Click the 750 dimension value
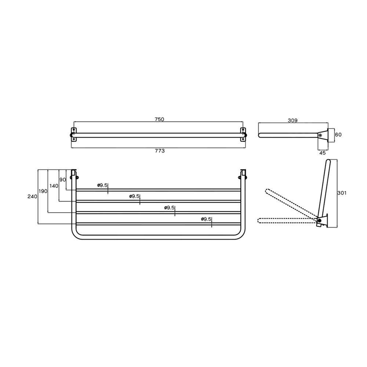click(159, 119)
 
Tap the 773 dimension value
click(160, 151)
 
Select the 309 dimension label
click(292, 120)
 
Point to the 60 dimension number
click(338, 135)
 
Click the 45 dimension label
click(323, 153)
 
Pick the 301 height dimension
click(342, 193)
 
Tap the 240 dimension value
click(32, 196)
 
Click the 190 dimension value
click(43, 191)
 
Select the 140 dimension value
click(54, 186)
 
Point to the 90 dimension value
click(63, 180)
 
